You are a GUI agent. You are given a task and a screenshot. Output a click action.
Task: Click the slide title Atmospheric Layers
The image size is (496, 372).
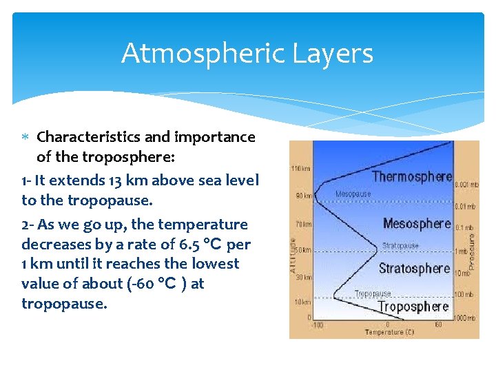pyautogui.click(x=247, y=53)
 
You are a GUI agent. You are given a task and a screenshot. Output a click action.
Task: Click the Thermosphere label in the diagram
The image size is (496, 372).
pyautogui.click(x=412, y=177)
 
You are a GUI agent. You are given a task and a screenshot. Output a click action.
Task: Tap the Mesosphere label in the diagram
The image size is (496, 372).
pyautogui.click(x=417, y=223)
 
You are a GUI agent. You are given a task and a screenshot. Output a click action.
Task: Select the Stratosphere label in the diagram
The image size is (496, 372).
pyautogui.click(x=414, y=269)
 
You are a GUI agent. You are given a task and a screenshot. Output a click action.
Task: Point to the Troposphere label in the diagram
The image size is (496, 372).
pyautogui.click(x=413, y=307)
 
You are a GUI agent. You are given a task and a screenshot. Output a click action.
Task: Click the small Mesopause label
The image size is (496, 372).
pyautogui.click(x=353, y=194)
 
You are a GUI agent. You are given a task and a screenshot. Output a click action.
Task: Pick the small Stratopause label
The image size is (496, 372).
pyautogui.click(x=400, y=245)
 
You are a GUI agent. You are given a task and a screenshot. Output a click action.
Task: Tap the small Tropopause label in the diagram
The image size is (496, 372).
pyautogui.click(x=373, y=293)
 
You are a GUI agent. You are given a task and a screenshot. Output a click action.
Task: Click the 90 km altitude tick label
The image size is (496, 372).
pyautogui.click(x=304, y=196)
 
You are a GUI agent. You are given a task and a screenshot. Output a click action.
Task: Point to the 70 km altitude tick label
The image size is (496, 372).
pyautogui.click(x=304, y=224)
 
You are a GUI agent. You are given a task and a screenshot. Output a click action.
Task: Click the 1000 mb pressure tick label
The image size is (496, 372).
pyautogui.click(x=465, y=318)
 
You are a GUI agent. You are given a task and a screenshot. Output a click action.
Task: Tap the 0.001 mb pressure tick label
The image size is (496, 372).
pyautogui.click(x=465, y=185)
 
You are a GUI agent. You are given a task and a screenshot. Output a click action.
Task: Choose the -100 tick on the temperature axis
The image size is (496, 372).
pyautogui.click(x=317, y=324)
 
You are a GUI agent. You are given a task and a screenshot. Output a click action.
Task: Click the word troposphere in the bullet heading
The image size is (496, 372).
pyautogui.click(x=128, y=156)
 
